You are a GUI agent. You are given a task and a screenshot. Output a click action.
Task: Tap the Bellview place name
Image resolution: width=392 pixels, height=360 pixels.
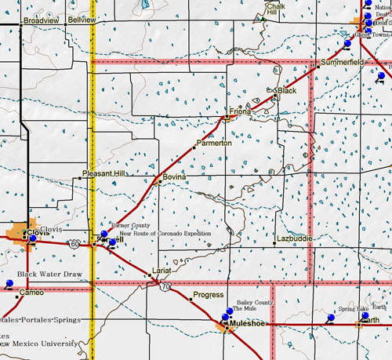(82, 19)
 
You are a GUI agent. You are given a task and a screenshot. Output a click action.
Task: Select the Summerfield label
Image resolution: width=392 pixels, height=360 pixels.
(343, 61)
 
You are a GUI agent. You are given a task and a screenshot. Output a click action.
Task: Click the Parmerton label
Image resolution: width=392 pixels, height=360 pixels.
(214, 144)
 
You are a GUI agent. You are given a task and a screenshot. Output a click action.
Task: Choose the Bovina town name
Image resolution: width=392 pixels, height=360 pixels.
(174, 178)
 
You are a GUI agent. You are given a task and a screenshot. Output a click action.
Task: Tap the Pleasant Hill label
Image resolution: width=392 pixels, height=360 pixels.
(103, 173)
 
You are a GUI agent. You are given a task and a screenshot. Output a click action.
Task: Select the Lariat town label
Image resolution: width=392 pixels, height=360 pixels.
(162, 269)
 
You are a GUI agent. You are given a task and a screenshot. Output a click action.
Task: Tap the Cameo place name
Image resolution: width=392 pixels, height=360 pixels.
(31, 292)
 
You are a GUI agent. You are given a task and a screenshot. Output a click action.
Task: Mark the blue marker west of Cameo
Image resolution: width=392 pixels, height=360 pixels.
(9, 282)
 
